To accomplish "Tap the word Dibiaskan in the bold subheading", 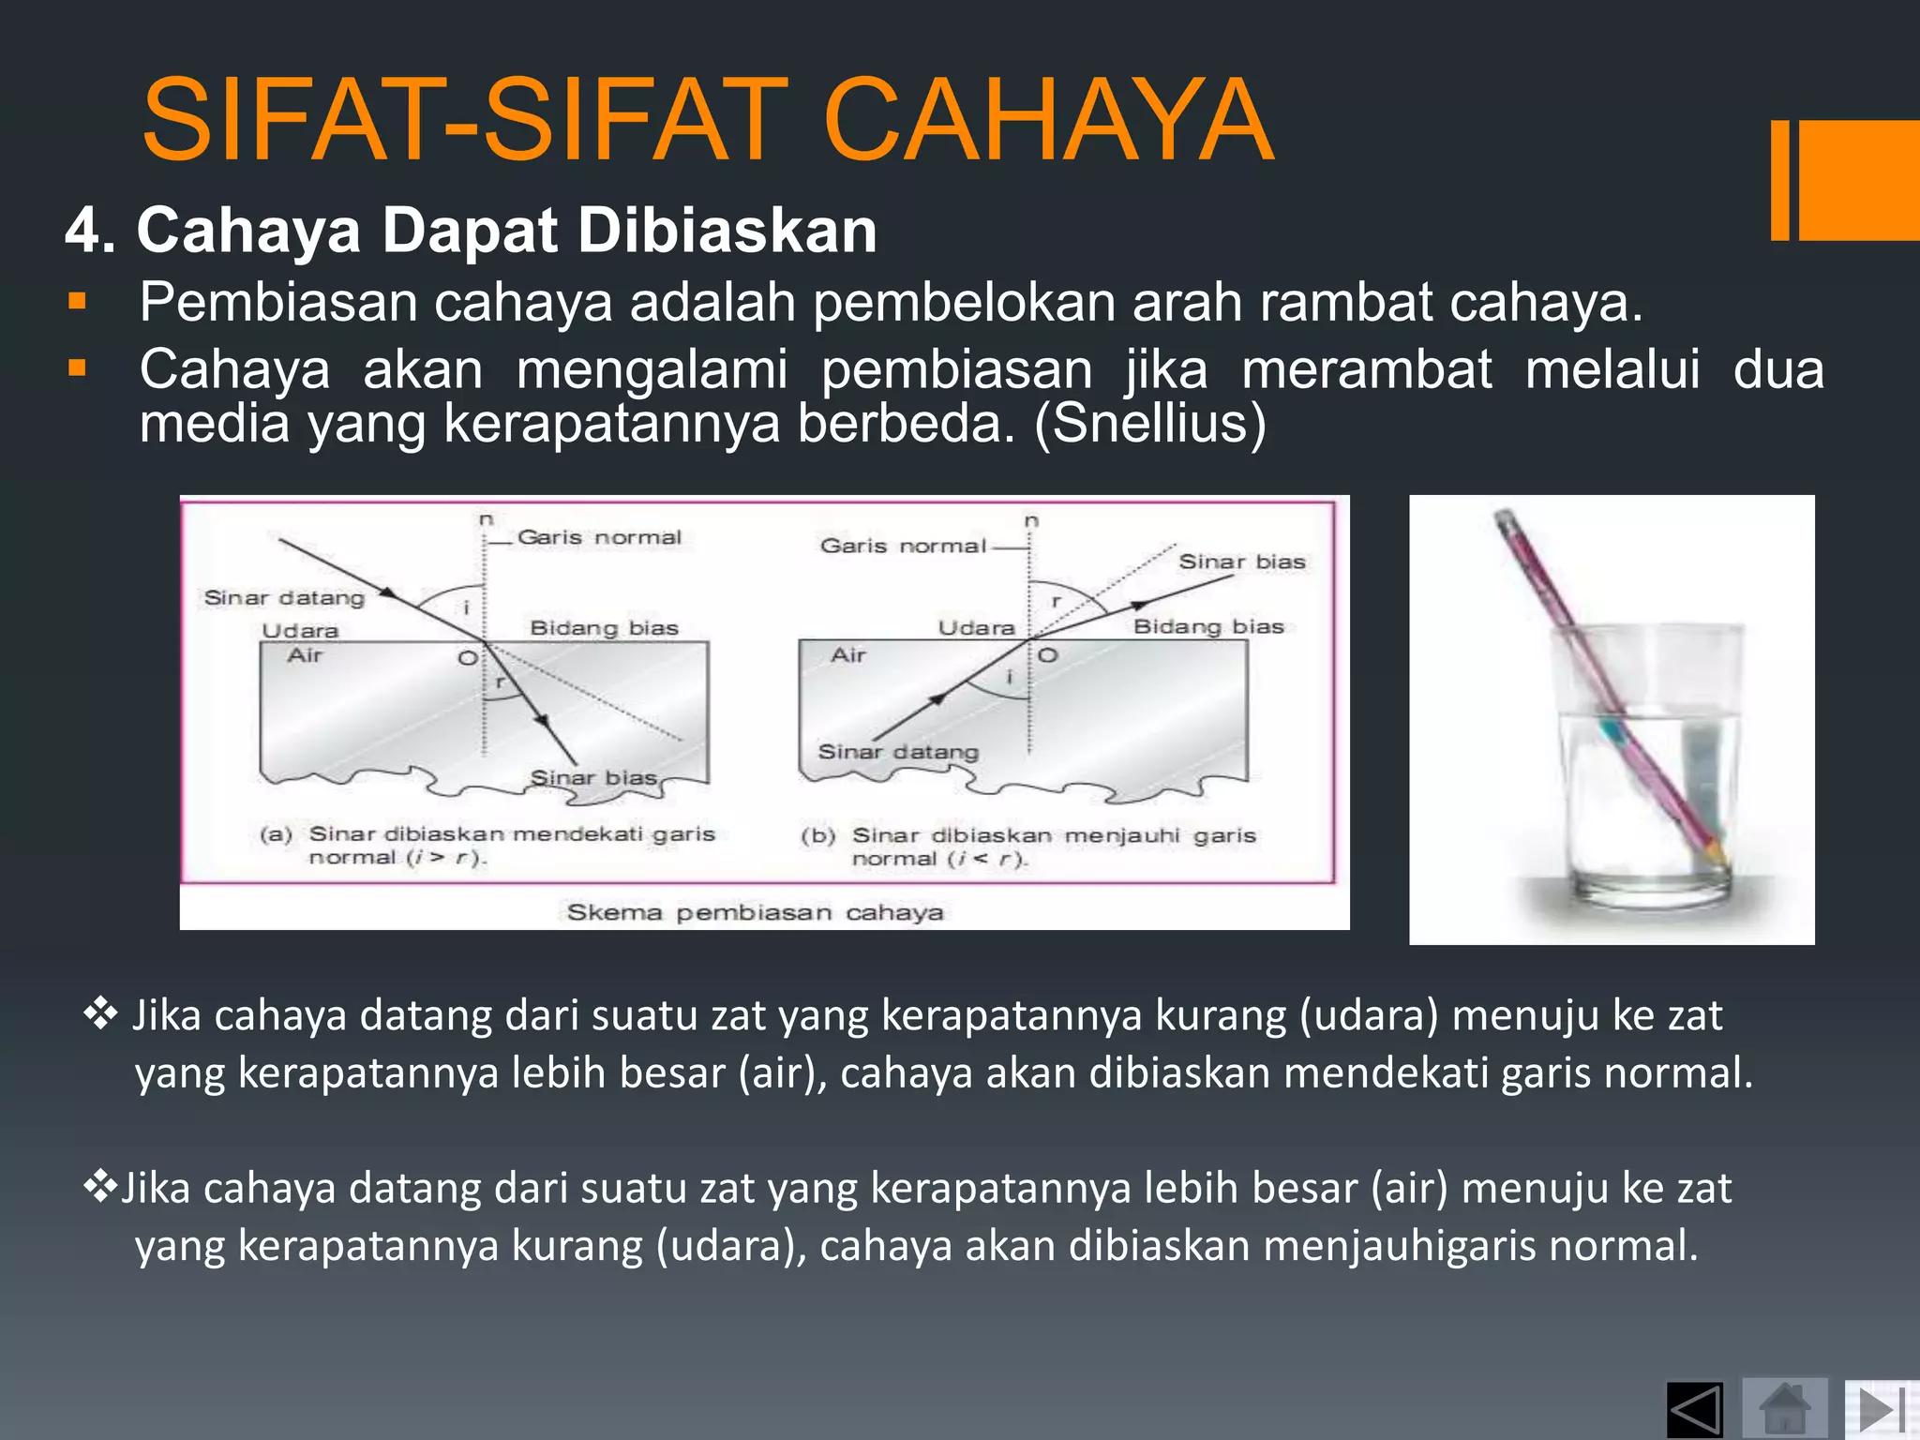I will pos(727,230).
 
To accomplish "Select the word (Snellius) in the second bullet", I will pos(1150,423).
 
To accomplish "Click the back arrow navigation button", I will pos(1695,1410).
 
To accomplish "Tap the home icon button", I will pos(1784,1408).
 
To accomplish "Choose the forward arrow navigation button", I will pos(1879,1410).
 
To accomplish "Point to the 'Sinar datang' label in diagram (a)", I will pos(284,598).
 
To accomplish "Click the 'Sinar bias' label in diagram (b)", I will pos(1241,562).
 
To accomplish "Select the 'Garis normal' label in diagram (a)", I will pos(599,537).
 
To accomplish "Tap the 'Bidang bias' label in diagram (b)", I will pos(1207,626).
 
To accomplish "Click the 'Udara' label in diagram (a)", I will pos(299,631).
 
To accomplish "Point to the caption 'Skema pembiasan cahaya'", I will pos(755,912).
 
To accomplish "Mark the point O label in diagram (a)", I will pos(466,658).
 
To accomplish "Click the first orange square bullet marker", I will pos(77,302).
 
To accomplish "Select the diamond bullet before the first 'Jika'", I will pos(99,1014).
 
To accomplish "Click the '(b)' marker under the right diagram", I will pos(817,835).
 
